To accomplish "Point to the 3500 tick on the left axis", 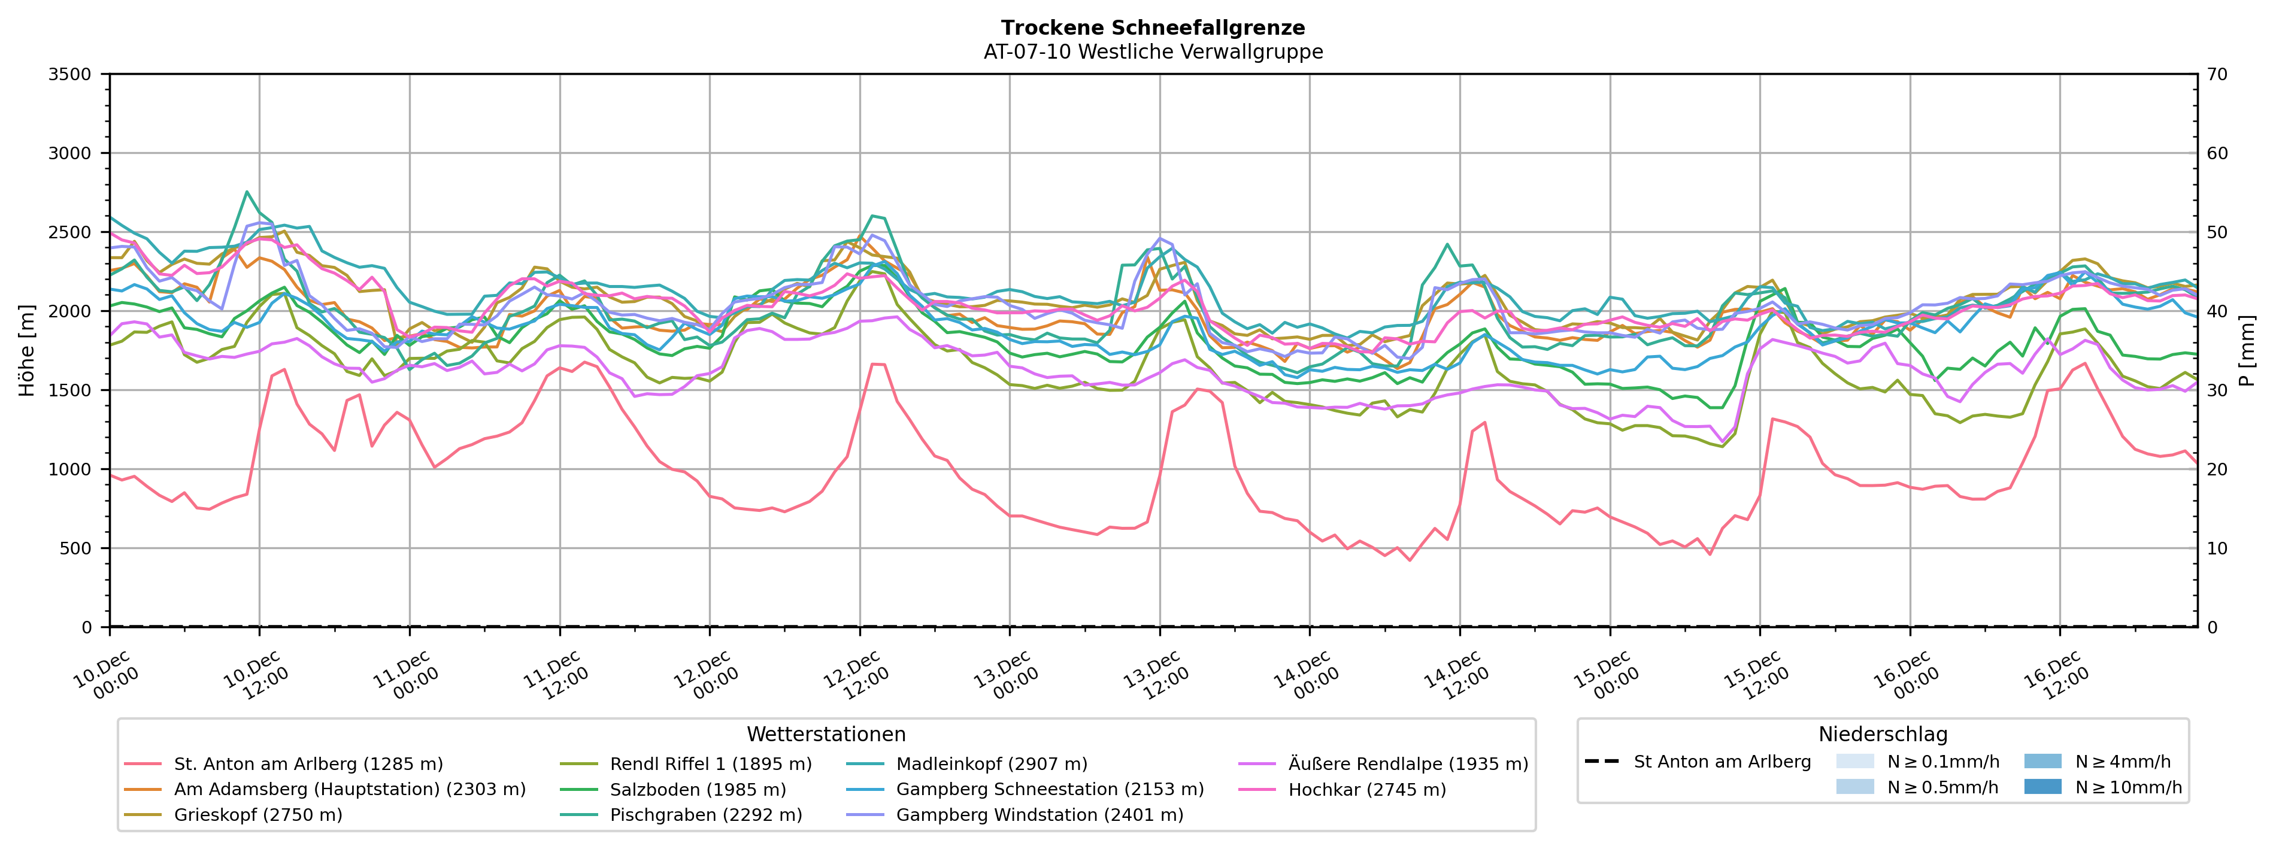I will (70, 74).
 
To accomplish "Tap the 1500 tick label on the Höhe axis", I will (70, 390).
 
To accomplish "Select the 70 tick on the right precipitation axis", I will (2218, 74).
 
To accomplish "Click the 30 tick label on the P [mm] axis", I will (2218, 390).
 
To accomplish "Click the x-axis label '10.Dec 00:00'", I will (105, 676).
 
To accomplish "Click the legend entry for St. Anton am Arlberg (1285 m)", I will (307, 764).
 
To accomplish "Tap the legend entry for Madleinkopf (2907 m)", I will (992, 764).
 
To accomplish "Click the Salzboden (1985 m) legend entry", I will (697, 790).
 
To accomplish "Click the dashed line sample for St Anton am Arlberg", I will (1602, 762).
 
